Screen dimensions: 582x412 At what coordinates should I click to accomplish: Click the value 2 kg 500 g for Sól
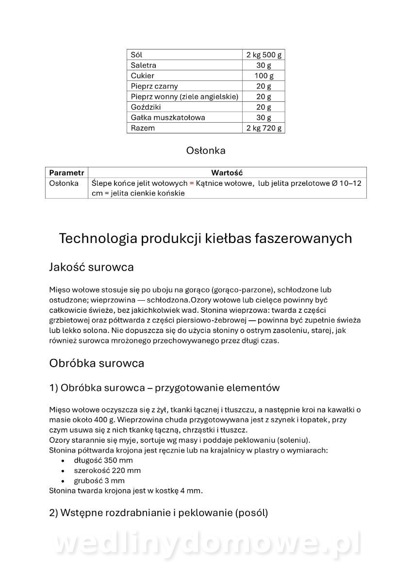(x=264, y=55)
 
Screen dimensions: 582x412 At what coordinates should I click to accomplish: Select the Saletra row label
(x=144, y=65)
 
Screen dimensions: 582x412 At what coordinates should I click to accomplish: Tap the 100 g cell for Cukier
(x=264, y=76)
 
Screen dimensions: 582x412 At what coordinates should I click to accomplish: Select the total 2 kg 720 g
(x=264, y=128)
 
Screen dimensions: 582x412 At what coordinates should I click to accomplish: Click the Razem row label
(x=143, y=128)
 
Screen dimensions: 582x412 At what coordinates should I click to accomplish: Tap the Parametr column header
(x=66, y=173)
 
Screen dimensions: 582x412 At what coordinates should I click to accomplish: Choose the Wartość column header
(x=227, y=173)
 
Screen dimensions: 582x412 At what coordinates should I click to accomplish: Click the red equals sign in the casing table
(x=192, y=183)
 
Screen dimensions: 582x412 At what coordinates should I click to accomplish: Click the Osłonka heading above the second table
(x=206, y=151)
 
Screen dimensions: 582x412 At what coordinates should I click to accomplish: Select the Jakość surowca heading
(x=92, y=267)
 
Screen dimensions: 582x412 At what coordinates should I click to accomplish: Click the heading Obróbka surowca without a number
(x=97, y=363)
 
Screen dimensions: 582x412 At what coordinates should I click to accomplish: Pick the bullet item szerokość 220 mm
(x=107, y=470)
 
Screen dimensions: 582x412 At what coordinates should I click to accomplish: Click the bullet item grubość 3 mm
(x=99, y=481)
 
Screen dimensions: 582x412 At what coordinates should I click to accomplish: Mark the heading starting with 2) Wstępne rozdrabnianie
(x=158, y=513)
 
